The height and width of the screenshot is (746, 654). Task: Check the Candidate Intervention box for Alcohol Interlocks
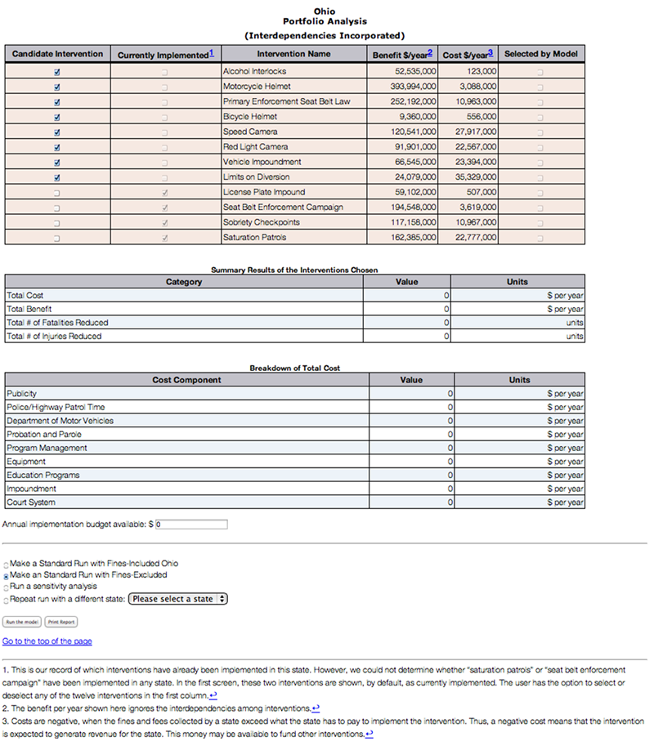(x=57, y=72)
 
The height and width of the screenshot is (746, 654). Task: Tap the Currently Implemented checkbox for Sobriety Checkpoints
(x=165, y=223)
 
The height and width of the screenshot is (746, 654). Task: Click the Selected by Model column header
(x=540, y=55)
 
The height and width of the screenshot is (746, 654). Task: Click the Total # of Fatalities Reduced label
(x=57, y=323)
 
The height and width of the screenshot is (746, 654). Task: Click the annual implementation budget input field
(x=191, y=524)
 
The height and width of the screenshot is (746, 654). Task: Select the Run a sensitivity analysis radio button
(x=7, y=587)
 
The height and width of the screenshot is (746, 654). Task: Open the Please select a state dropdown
(x=178, y=599)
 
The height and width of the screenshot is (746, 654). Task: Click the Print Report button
(x=60, y=622)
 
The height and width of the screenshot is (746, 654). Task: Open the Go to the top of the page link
(x=47, y=641)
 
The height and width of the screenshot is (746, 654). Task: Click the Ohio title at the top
(x=325, y=11)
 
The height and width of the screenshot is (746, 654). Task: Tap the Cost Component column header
(x=186, y=380)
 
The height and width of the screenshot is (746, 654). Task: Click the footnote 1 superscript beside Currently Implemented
(x=212, y=53)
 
